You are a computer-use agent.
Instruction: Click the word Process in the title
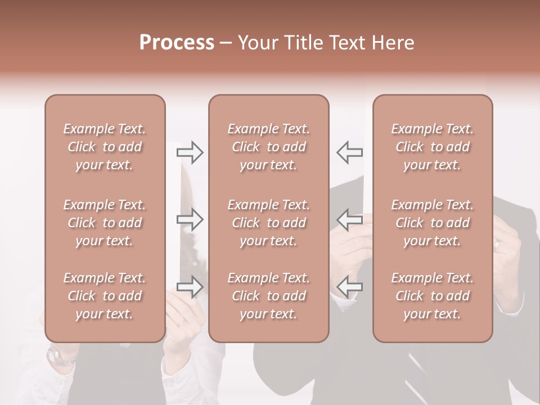pos(177,43)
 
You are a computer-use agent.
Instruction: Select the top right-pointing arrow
pos(190,152)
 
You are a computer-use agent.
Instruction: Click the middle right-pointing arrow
pos(190,219)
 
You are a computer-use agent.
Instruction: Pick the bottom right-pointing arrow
pos(190,287)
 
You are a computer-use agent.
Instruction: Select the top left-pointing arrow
pos(350,152)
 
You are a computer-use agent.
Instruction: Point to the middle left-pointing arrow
pos(350,219)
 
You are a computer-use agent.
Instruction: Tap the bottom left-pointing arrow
pos(350,287)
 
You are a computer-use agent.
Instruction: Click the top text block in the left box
pos(105,147)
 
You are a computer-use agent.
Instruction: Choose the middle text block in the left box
pos(105,223)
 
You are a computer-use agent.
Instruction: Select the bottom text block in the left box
pos(105,296)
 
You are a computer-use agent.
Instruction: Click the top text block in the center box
pos(268,147)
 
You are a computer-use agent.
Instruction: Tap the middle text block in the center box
pos(268,223)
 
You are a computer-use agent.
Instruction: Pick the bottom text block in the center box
pos(268,296)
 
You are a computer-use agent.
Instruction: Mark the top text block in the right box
pos(433,147)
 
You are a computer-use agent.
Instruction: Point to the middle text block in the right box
pos(433,223)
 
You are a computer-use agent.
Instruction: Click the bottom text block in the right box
pos(433,296)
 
